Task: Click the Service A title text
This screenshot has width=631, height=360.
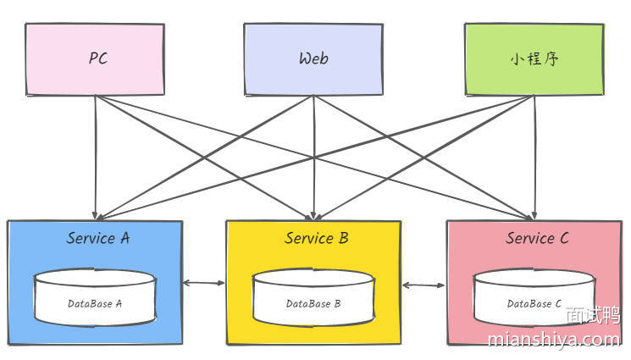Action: tap(98, 238)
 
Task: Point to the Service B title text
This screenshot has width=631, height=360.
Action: tap(316, 238)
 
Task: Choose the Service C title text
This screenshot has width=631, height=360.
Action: tap(537, 238)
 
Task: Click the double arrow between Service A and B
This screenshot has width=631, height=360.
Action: tap(204, 283)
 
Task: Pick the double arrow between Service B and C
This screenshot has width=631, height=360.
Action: tap(423, 285)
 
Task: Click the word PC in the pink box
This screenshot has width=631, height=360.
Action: tap(98, 58)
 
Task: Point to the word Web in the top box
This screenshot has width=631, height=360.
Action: tap(313, 58)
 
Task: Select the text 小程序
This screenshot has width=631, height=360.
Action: tap(534, 59)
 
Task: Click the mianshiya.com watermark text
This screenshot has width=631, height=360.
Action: tap(554, 340)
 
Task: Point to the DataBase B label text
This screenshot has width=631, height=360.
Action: tap(313, 303)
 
